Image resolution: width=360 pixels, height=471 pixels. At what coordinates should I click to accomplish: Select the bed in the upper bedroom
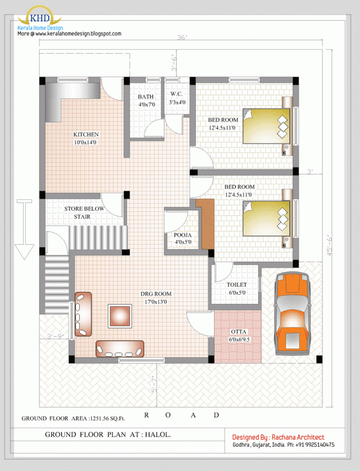pyautogui.click(x=266, y=126)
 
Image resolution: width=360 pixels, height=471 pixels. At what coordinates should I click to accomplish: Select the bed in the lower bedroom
pyautogui.click(x=266, y=218)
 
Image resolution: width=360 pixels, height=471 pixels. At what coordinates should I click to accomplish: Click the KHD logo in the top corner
pyautogui.click(x=39, y=18)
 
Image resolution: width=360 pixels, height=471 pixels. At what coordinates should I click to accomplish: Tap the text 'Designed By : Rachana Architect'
pyautogui.click(x=278, y=437)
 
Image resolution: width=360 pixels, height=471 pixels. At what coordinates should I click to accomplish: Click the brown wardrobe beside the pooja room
pyautogui.click(x=205, y=223)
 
